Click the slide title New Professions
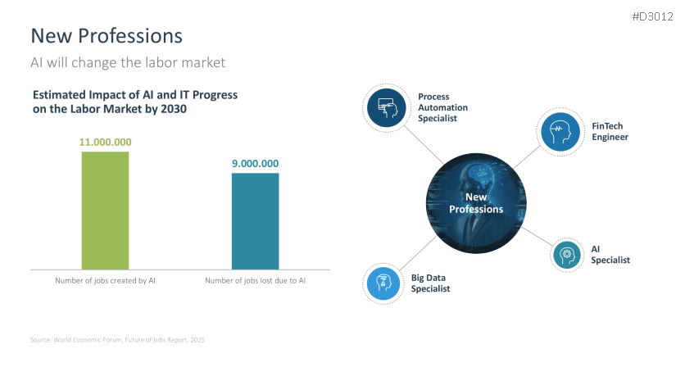tap(107, 36)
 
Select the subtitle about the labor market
tap(127, 62)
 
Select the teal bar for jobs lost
tap(255, 220)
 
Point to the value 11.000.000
tap(105, 142)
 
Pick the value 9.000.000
tap(255, 163)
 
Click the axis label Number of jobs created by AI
tap(105, 281)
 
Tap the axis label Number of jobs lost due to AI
tap(255, 281)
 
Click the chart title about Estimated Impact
tap(134, 102)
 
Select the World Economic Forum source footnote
tap(117, 339)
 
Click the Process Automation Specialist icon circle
tap(387, 106)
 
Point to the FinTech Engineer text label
tap(610, 131)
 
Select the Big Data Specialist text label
tap(431, 283)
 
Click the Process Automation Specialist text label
tap(443, 107)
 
